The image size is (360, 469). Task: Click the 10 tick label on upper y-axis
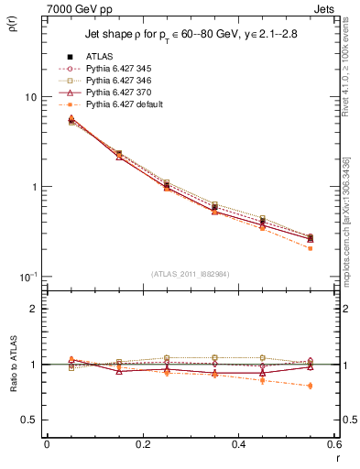[30, 97]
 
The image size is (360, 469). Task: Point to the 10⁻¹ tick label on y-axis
[27, 277]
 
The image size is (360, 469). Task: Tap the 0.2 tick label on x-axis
[142, 444]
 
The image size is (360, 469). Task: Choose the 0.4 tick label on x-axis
[238, 444]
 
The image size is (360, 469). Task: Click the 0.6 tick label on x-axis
[333, 444]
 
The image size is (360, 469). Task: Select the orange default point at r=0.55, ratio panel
[311, 386]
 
